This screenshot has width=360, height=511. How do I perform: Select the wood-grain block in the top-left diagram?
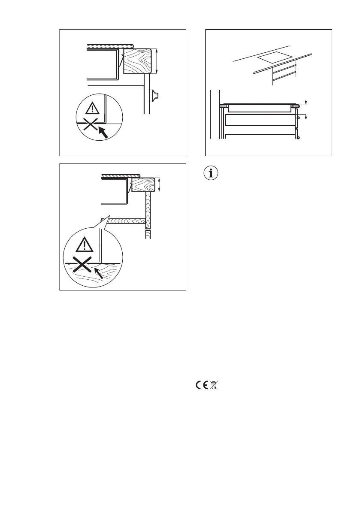[136, 61]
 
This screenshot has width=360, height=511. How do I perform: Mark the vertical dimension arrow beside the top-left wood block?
[157, 61]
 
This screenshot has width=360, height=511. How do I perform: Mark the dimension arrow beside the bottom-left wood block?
[160, 185]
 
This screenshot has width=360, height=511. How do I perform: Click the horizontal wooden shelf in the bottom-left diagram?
[124, 221]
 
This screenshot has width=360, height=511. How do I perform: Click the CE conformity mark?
[201, 385]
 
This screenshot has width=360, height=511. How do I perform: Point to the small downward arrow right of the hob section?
[306, 102]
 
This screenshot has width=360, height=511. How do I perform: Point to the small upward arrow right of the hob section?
[306, 116]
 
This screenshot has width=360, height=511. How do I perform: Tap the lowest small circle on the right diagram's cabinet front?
[298, 138]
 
